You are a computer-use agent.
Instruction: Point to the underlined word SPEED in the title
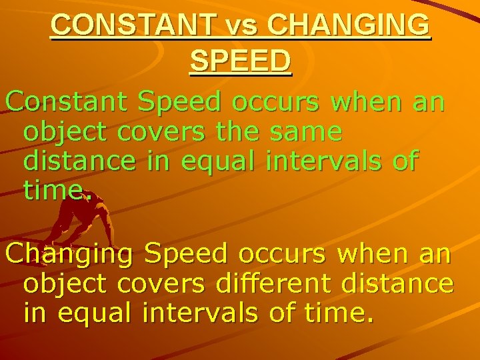click(240, 61)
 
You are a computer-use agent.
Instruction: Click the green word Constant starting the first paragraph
click(69, 102)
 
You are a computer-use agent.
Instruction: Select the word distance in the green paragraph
click(87, 161)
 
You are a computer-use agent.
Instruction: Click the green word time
click(56, 190)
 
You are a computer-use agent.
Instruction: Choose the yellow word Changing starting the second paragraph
click(70, 254)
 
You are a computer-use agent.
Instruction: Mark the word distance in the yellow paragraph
click(397, 283)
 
